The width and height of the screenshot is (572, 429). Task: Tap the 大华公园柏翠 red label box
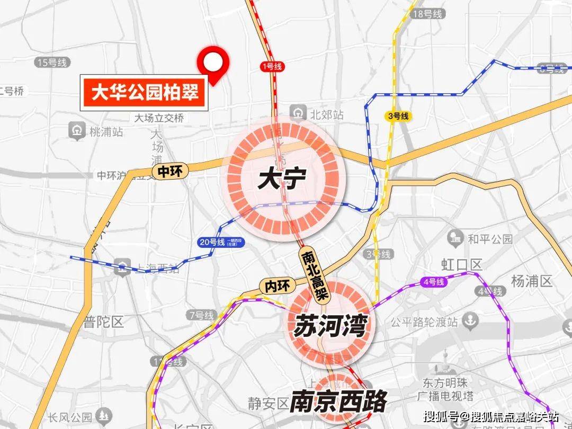[144, 94]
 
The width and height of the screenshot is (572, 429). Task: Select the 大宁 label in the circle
[282, 180]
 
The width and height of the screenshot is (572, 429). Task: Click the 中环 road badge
[169, 171]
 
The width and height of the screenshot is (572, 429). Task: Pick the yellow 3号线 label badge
[397, 116]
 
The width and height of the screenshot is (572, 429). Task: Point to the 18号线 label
[427, 14]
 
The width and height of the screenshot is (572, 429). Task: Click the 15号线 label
[52, 62]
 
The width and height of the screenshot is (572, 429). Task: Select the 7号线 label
[201, 316]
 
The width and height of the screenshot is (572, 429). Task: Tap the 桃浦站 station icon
[77, 130]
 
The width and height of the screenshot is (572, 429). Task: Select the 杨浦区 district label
[532, 281]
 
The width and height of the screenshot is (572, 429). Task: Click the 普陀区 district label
[104, 321]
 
